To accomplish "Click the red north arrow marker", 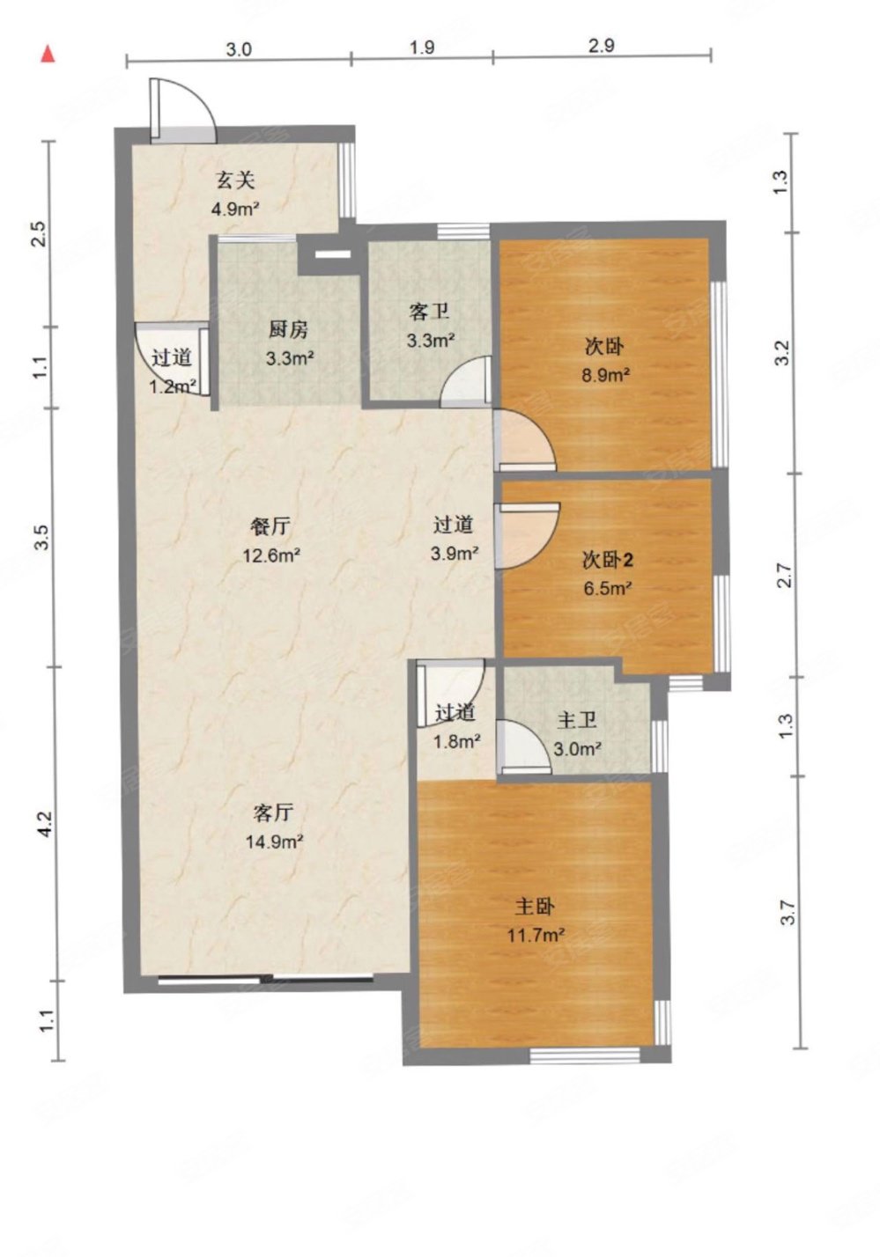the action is point(48,55).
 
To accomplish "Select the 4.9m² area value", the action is point(235,209).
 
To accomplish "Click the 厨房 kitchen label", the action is point(288,330).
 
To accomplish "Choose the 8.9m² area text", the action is point(605,375).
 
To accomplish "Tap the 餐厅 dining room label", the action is point(270,526).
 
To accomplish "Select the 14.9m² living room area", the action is point(275,842).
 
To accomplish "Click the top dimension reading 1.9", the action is point(422,48).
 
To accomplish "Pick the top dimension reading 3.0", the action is point(239,49).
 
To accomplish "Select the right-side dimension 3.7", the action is point(788,913).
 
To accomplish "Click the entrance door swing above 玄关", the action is point(183,109).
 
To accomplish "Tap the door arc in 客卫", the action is point(464,382).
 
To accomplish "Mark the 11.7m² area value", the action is point(536,935).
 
